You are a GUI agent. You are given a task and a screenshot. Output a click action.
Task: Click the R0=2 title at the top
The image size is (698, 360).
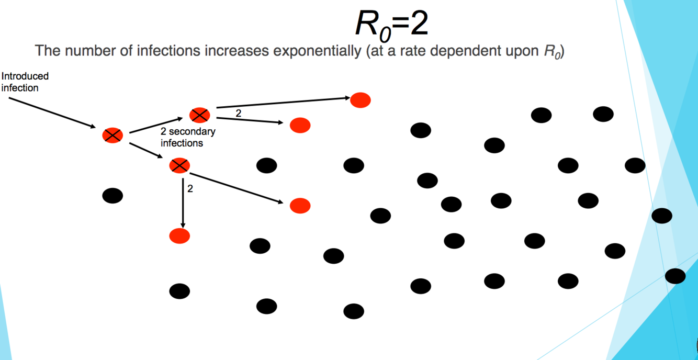pyautogui.click(x=391, y=24)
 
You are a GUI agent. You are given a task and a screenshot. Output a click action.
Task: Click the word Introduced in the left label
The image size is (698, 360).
pyautogui.click(x=25, y=76)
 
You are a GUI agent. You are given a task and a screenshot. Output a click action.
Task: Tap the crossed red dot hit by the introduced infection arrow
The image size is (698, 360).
pyautogui.click(x=112, y=136)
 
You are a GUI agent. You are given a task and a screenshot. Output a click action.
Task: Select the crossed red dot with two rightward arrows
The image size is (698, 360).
pyautogui.click(x=200, y=115)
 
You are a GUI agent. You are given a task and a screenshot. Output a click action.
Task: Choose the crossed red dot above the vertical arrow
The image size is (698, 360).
pyautogui.click(x=179, y=166)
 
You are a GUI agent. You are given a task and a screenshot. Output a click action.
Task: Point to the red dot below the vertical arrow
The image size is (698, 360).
pyautogui.click(x=179, y=235)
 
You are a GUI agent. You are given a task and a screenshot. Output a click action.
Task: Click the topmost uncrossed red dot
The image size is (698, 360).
pyautogui.click(x=361, y=100)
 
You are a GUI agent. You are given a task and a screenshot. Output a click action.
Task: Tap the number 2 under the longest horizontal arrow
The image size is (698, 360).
pyautogui.click(x=239, y=113)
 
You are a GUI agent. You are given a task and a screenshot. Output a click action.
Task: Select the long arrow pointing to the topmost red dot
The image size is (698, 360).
pyautogui.click(x=283, y=103)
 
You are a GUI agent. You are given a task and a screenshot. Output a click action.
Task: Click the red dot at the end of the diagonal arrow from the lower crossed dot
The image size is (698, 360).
pyautogui.click(x=300, y=206)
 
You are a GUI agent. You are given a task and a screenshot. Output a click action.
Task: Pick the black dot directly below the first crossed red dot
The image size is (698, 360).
pyautogui.click(x=112, y=196)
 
